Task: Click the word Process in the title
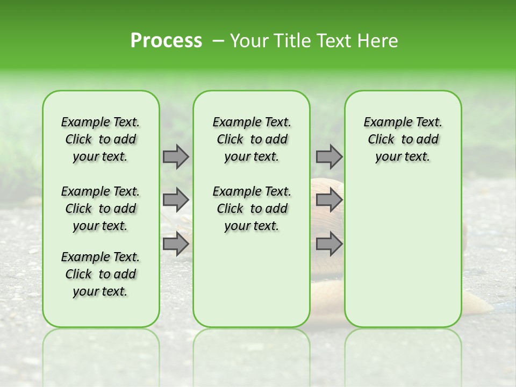(166, 41)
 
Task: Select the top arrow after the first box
(176, 156)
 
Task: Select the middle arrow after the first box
(176, 200)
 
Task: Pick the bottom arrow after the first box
(176, 244)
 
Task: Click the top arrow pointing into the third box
(329, 156)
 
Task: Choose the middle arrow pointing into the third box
(329, 200)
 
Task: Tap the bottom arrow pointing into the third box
(329, 244)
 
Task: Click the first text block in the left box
(101, 139)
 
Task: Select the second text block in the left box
(101, 209)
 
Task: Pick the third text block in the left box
(101, 274)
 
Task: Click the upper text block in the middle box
(252, 139)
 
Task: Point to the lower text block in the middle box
(252, 209)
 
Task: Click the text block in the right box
(403, 139)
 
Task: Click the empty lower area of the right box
(403, 253)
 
